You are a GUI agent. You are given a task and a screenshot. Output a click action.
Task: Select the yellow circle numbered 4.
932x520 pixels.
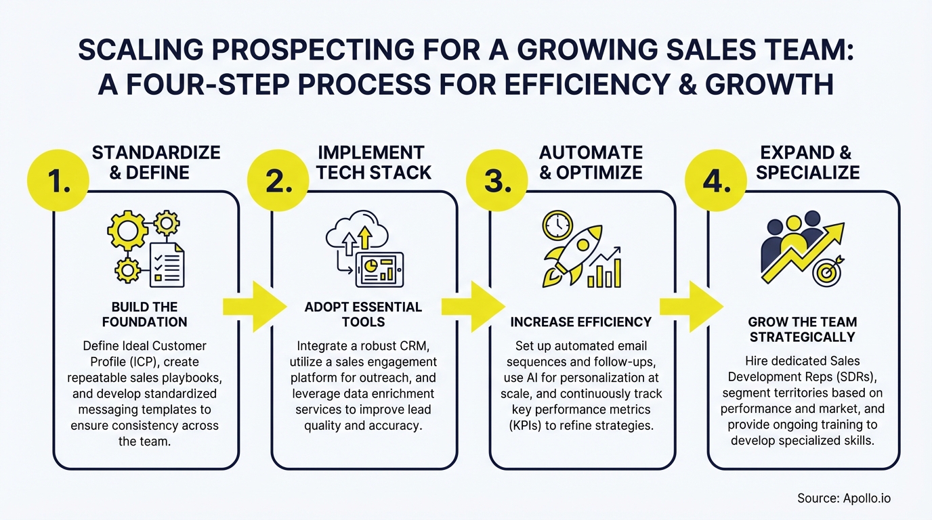click(x=716, y=180)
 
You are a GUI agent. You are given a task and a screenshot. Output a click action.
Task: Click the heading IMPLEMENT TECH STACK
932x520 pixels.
click(x=374, y=162)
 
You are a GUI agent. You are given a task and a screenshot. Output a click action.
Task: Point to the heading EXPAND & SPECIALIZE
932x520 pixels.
click(x=807, y=162)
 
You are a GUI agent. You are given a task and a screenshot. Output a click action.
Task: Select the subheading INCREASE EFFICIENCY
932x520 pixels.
click(x=580, y=322)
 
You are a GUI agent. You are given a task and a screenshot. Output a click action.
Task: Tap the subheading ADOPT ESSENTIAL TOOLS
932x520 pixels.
click(x=363, y=314)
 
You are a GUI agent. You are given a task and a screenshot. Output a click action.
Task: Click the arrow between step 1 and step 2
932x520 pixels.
click(x=254, y=307)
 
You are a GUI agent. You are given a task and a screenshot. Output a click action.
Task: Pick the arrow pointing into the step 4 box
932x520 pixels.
click(x=692, y=307)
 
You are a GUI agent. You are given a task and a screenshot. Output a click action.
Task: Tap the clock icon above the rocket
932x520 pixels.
click(x=557, y=225)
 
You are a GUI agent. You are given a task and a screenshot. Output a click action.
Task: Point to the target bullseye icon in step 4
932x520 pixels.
click(x=828, y=271)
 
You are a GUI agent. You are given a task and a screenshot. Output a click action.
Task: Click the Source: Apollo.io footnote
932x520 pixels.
click(x=843, y=498)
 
